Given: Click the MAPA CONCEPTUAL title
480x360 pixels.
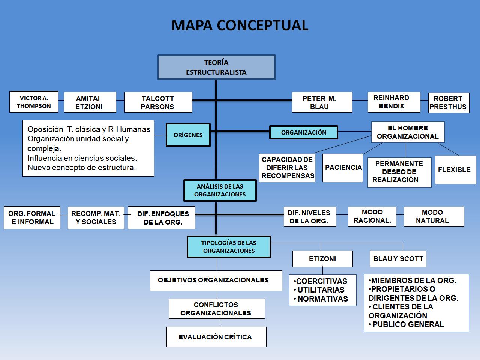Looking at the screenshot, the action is [240, 25].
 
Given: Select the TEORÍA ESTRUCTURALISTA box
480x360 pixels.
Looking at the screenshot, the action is [216, 67].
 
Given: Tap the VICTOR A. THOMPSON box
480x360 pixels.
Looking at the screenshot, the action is [34, 102].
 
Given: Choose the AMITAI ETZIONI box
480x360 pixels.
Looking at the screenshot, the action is [90, 102].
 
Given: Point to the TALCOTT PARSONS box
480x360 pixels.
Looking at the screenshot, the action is [158, 102].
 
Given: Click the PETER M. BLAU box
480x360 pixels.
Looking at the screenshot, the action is [322, 102].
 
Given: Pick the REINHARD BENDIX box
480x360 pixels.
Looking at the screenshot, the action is [394, 102].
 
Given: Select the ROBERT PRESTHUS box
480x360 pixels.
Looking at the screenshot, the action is [449, 103].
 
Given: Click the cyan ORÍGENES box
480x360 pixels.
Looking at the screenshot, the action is [188, 135].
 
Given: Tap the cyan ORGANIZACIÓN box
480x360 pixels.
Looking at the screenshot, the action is [304, 132].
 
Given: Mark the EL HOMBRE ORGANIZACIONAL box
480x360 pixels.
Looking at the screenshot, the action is [408, 132].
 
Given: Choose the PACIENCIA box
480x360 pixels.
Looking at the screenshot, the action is [343, 168].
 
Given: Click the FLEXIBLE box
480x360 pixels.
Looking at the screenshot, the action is [456, 170].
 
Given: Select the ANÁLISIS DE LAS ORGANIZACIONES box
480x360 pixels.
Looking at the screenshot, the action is [220, 190].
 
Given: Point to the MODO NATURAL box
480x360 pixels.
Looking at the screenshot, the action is [434, 217].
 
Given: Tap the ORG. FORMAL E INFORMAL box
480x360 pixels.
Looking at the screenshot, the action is [32, 218].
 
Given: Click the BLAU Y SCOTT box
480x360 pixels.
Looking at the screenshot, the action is [398, 259].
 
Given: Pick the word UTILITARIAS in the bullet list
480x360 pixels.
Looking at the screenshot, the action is [321, 290].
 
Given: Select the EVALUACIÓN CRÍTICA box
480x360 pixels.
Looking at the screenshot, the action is [216, 337].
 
